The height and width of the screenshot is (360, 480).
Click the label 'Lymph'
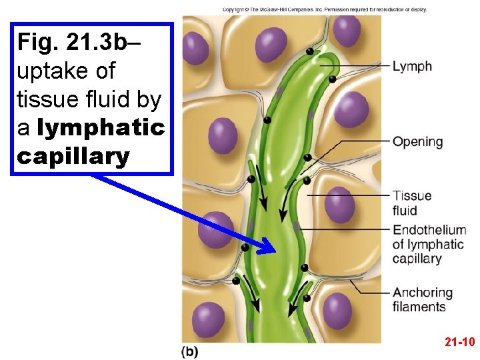click(x=412, y=66)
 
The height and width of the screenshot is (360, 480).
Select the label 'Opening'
click(x=417, y=141)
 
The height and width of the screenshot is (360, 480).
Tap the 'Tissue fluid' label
click(x=411, y=203)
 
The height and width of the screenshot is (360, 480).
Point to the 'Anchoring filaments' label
click(x=422, y=299)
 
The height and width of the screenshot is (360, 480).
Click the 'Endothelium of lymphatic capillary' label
click(x=429, y=244)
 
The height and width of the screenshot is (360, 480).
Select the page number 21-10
click(x=459, y=342)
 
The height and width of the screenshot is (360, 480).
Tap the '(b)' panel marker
click(x=189, y=351)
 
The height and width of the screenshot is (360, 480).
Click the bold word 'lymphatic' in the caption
click(x=101, y=128)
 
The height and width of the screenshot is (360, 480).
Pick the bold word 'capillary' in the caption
click(x=73, y=157)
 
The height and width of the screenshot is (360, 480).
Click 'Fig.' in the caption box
click(x=38, y=42)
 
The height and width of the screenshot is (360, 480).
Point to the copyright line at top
click(x=324, y=9)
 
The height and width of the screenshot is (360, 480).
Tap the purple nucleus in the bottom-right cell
click(x=337, y=311)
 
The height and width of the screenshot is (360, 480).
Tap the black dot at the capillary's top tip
click(x=310, y=51)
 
